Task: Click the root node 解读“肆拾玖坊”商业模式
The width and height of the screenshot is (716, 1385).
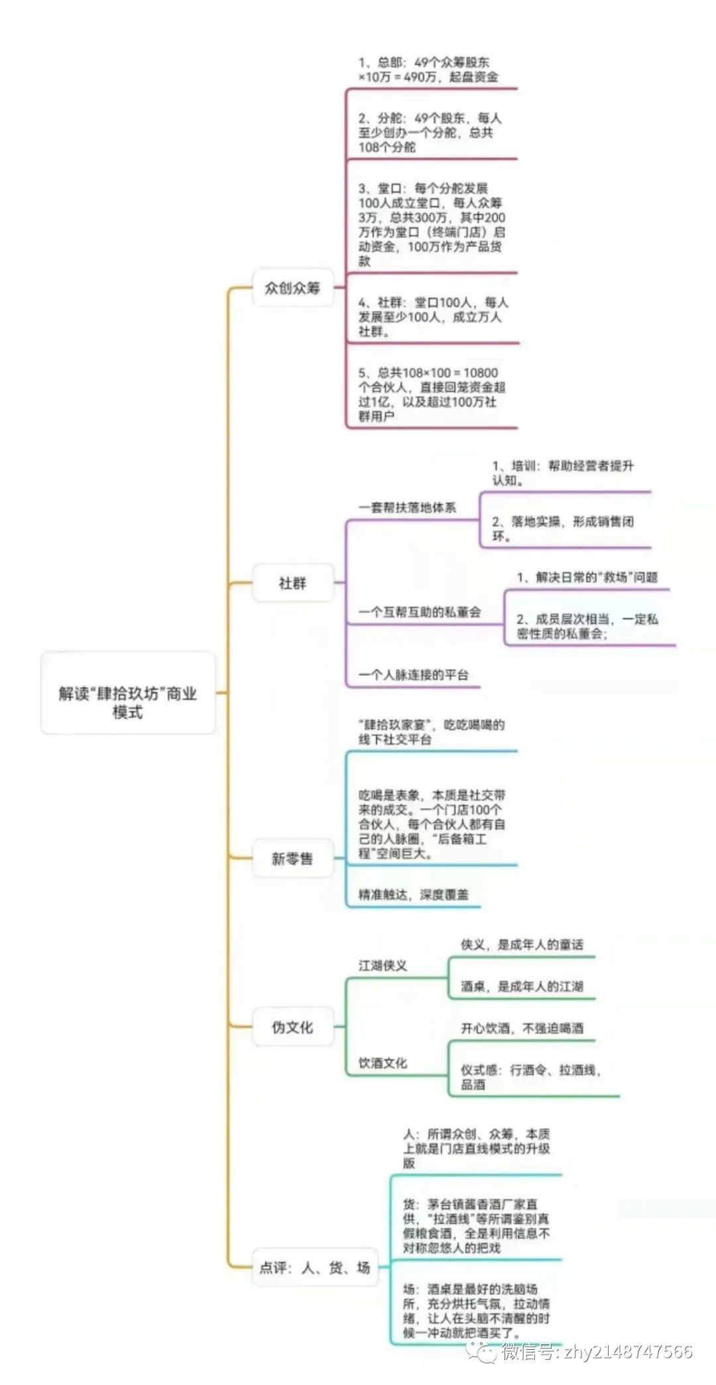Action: (128, 693)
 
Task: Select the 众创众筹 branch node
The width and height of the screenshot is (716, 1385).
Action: (292, 288)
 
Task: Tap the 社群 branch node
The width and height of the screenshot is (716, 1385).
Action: (292, 583)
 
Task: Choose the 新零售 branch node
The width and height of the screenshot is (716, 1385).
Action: (292, 858)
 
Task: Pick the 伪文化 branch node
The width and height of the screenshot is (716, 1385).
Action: (292, 1027)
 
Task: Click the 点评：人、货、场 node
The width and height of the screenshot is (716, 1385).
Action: (315, 1268)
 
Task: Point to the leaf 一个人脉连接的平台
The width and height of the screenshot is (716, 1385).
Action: (413, 675)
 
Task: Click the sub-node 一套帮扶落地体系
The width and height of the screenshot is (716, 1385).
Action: (407, 507)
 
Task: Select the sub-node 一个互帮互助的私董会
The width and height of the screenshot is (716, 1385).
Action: (420, 612)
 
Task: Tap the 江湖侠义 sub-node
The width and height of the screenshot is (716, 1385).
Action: (383, 966)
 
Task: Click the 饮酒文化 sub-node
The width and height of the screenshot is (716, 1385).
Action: (383, 1063)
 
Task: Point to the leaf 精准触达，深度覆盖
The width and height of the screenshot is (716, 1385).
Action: (413, 895)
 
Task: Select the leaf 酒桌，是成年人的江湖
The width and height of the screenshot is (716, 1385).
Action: (522, 986)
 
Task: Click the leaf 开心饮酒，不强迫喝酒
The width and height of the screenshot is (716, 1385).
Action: (522, 1028)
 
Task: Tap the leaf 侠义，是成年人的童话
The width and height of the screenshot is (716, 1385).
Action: (522, 945)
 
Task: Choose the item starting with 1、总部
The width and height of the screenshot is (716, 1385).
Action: (428, 70)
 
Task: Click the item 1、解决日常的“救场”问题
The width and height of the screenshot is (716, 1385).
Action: (587, 577)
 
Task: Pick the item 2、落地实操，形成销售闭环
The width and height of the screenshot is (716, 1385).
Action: (562, 529)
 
